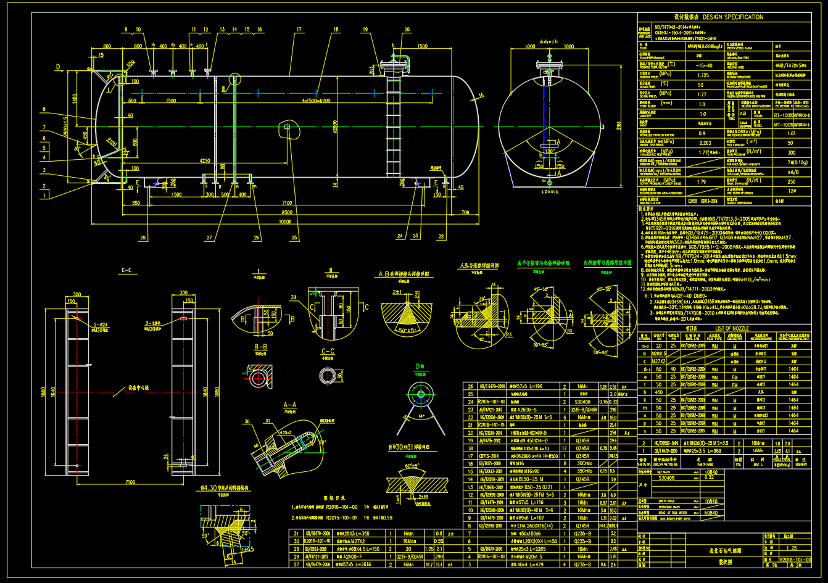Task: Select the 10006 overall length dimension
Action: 284,221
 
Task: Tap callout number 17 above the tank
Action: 299,29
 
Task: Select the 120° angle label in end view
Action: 549,151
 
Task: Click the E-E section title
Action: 128,270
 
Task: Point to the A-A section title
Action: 290,405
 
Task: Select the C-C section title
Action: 328,350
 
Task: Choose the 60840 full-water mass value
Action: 710,513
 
